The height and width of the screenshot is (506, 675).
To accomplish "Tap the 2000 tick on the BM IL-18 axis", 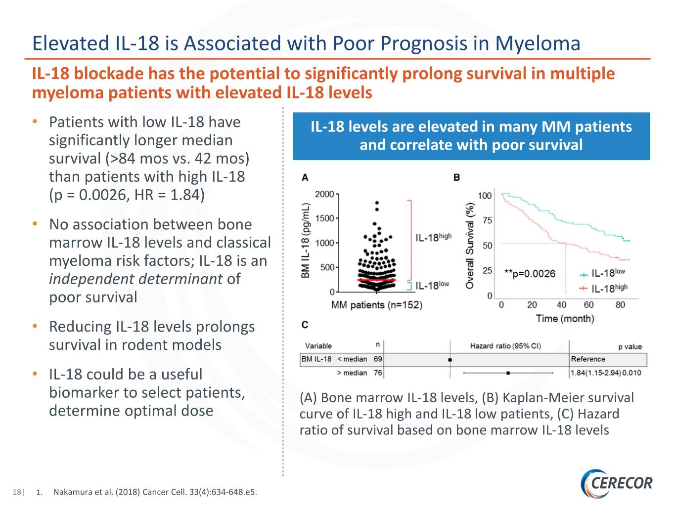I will tap(325, 194).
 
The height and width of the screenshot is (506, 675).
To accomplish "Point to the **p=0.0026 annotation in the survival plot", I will tap(530, 274).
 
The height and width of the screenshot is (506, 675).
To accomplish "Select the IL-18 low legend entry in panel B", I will tap(603, 273).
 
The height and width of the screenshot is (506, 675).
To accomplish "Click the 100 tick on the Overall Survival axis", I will tap(485, 196).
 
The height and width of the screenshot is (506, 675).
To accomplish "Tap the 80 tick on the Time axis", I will tap(620, 305).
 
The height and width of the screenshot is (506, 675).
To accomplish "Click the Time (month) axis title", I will tap(565, 319).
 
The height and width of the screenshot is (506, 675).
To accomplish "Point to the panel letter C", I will tap(305, 325).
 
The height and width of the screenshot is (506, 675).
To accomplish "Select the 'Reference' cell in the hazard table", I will tap(588, 359).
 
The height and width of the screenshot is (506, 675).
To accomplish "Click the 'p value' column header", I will tap(630, 346).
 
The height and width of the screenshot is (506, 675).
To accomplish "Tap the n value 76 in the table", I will tap(378, 373).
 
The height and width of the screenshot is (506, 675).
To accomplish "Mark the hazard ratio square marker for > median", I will tap(508, 373).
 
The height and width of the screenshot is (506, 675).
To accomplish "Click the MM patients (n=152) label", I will tap(376, 305).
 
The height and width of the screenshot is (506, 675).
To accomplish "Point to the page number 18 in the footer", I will tap(17, 492).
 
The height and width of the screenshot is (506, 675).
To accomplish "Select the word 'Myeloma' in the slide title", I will tap(538, 43).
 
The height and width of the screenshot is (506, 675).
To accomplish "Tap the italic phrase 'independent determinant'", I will tap(135, 279).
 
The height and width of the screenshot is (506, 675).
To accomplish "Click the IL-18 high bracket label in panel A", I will tap(433, 238).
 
